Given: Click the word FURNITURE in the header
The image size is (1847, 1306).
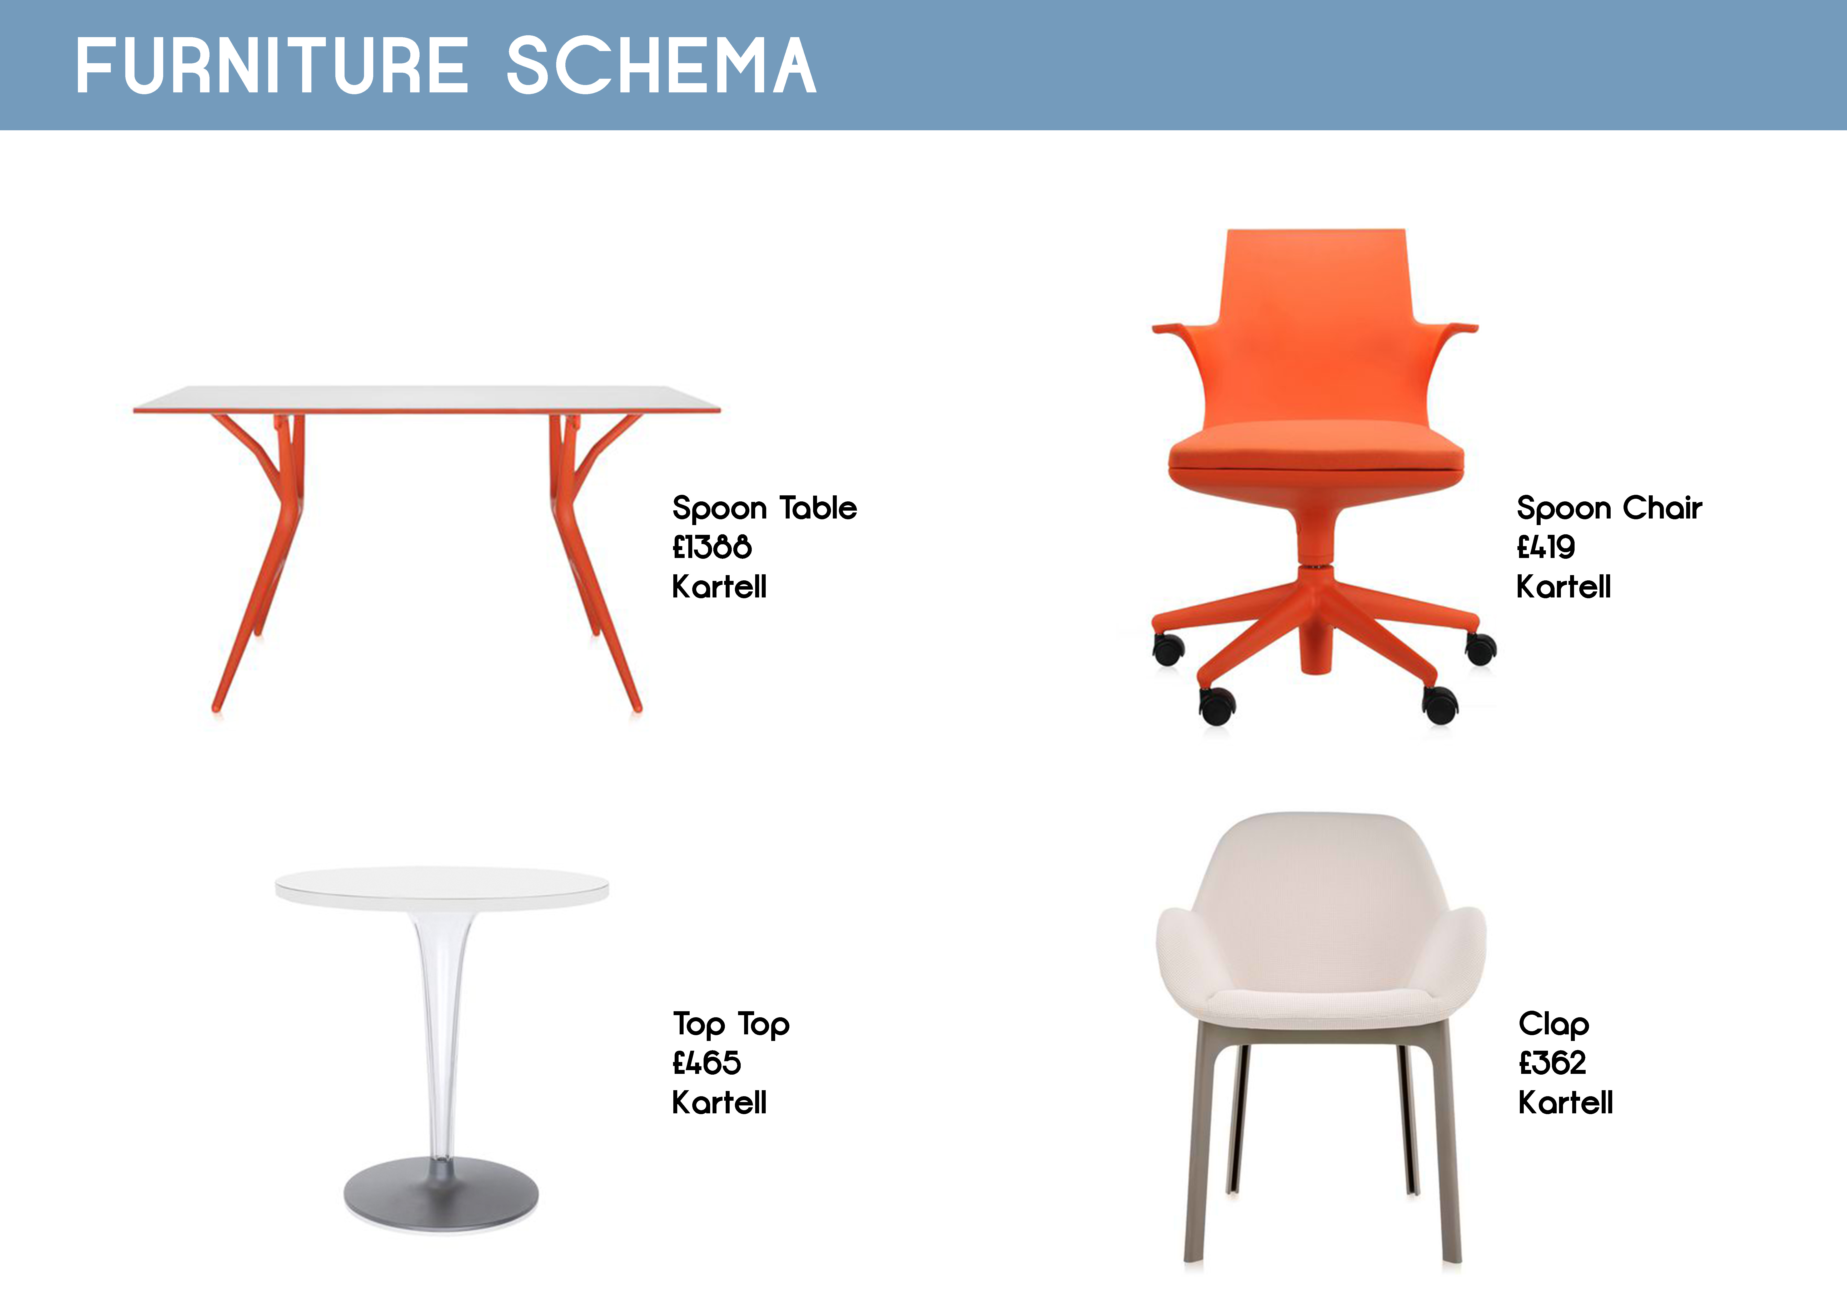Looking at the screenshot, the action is point(272,66).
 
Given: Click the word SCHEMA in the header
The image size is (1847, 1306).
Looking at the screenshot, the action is point(661,66).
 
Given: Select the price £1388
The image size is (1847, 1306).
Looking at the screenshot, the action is point(712,548).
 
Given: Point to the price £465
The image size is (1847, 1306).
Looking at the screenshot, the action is point(706,1063).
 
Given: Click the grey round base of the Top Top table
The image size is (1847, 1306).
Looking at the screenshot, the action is point(441,1194).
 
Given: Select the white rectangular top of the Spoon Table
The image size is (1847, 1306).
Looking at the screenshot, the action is point(426,399).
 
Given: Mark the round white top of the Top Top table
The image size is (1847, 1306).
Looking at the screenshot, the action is point(442,888).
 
